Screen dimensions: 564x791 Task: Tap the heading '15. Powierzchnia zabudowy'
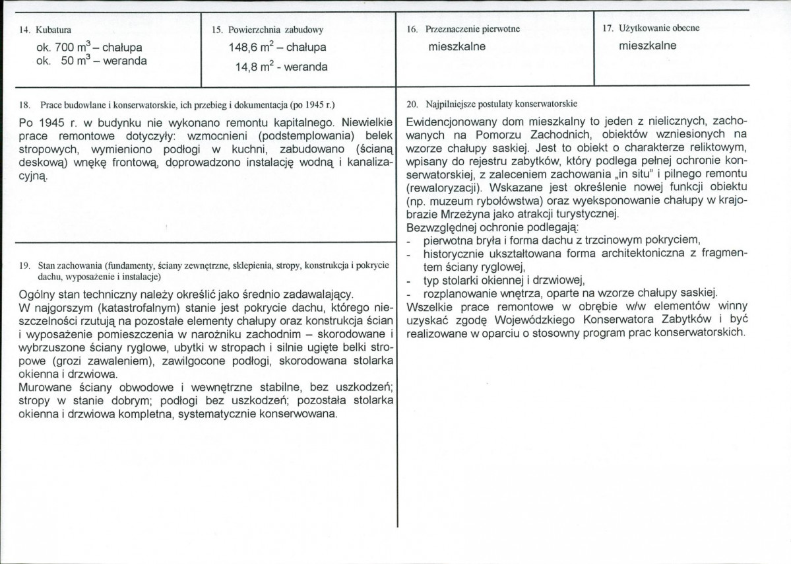(268, 30)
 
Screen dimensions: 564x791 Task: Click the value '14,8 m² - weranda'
(281, 66)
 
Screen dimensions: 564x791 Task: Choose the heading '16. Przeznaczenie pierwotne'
(464, 30)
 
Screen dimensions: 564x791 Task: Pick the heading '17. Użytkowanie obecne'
(650, 28)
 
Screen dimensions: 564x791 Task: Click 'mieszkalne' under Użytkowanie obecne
(648, 46)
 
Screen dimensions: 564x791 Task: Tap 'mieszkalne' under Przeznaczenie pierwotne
(457, 47)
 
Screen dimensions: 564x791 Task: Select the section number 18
(24, 105)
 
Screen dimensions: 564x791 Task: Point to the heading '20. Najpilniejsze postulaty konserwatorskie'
(492, 104)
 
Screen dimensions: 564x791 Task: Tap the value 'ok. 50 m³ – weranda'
(92, 61)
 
